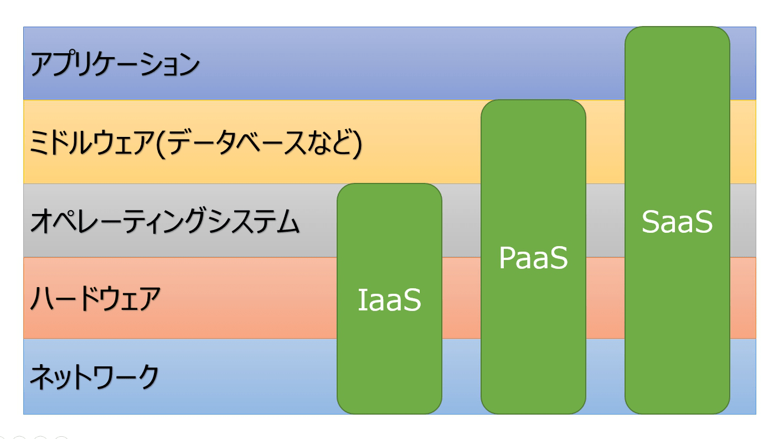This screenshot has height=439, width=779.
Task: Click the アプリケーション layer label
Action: click(x=114, y=65)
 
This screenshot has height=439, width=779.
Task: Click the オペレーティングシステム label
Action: click(x=164, y=223)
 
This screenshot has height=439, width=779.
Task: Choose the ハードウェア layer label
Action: click(x=95, y=299)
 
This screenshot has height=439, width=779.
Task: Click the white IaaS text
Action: click(x=389, y=300)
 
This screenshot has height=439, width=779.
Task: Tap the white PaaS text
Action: click(x=533, y=258)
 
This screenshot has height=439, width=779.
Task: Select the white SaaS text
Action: click(x=677, y=222)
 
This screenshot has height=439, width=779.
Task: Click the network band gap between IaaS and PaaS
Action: click(x=461, y=377)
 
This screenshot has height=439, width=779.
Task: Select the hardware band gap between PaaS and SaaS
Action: click(x=605, y=298)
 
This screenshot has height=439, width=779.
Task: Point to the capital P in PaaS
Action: click(x=508, y=258)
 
